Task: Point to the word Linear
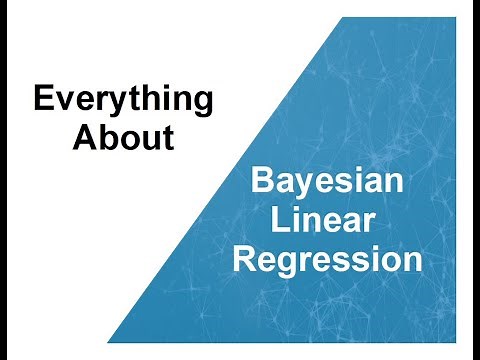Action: tap(327, 222)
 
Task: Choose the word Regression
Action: tap(327, 260)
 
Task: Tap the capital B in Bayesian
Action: tap(260, 183)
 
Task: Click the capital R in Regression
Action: tap(243, 259)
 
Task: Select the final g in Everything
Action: tap(201, 105)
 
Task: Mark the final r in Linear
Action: tap(373, 224)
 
